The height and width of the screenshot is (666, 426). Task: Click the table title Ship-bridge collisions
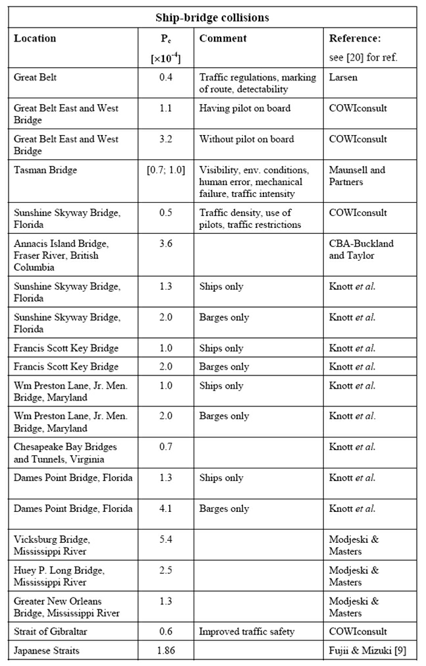[x=213, y=17]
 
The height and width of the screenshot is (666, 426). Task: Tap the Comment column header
[x=223, y=38]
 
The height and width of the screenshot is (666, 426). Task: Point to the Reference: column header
[x=354, y=38]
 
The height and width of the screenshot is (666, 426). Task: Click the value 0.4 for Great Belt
[x=165, y=77]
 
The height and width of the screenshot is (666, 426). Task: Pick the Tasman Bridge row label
[x=45, y=170]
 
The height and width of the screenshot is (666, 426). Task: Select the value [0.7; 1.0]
[x=165, y=170]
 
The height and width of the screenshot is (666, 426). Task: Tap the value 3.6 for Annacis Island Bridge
[x=165, y=244]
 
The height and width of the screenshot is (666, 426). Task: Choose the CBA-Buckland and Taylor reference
[x=361, y=250]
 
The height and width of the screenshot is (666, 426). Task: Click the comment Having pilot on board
[x=246, y=109]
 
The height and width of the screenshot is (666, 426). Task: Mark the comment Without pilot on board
[x=247, y=139]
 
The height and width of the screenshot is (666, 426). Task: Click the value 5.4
[x=165, y=540]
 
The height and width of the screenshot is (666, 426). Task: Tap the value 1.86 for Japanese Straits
[x=165, y=650]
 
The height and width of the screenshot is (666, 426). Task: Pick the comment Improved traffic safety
[x=247, y=632]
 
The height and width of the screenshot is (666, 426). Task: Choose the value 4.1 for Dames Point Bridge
[x=165, y=509]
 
